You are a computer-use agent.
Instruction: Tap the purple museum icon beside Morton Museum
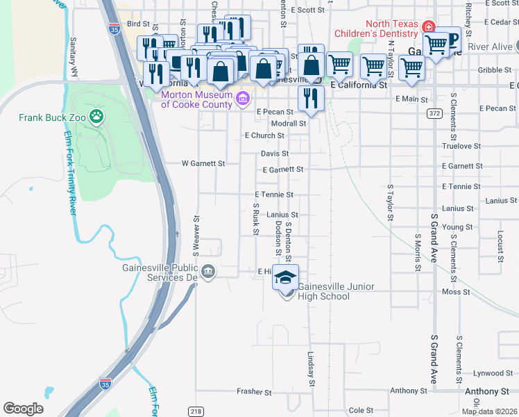tap(242, 98)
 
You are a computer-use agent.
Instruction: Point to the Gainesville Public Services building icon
tap(208, 271)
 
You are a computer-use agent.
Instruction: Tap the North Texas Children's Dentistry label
tap(377, 33)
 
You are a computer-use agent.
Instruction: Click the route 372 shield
tap(434, 113)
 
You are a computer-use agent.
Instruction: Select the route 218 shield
tap(195, 411)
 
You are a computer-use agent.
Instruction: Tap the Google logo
tap(22, 409)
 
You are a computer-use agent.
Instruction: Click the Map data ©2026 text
tap(490, 411)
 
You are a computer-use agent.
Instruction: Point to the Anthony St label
tap(486, 392)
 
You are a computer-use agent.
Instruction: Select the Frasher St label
tap(254, 392)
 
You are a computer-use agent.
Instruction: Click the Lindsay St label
tap(312, 368)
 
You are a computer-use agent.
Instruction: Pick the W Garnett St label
tap(203, 163)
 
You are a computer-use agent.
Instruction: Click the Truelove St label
tap(462, 147)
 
